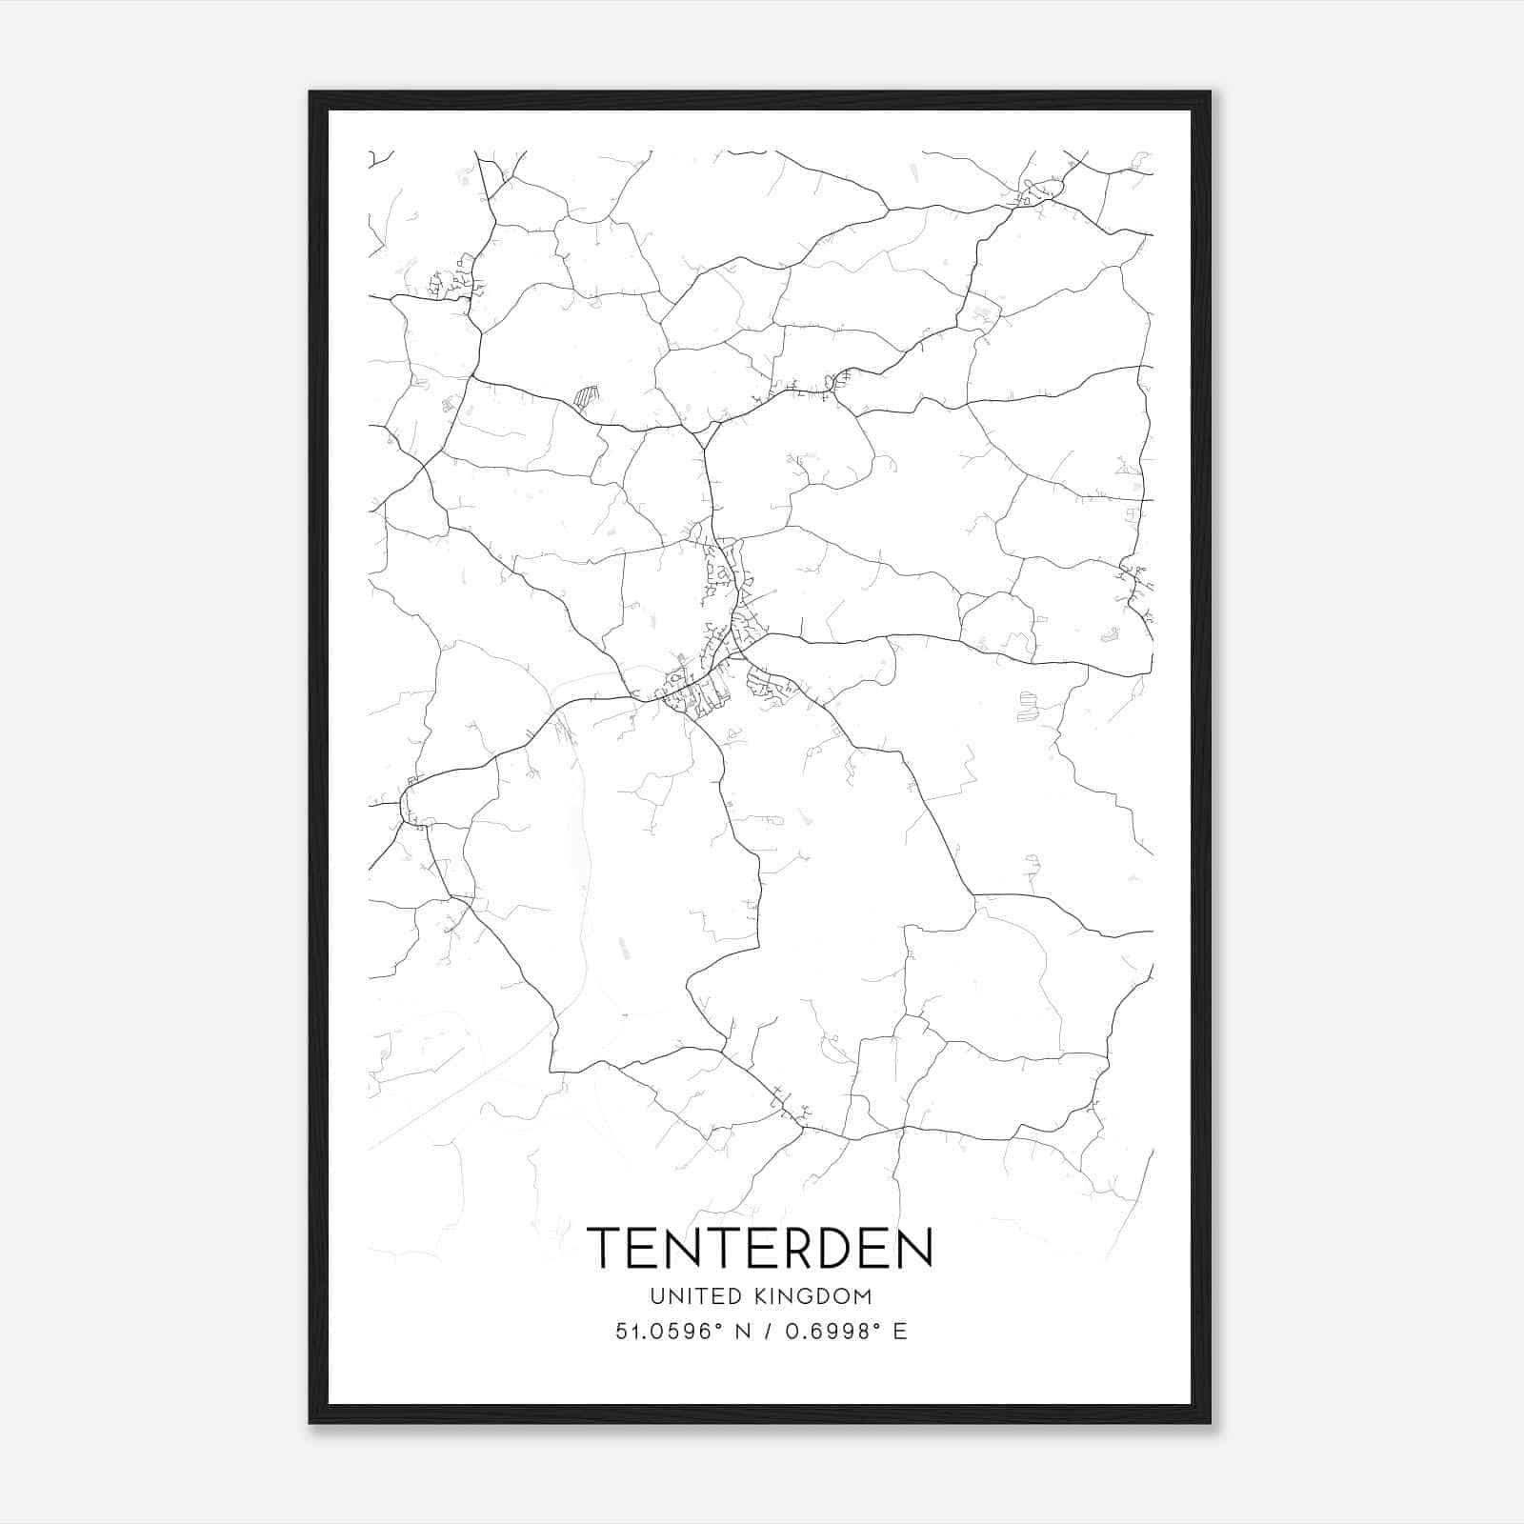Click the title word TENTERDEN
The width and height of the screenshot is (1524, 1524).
coord(760,1248)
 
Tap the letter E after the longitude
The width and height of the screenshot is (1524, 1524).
coord(899,1332)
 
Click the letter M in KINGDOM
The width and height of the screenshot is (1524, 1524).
coord(863,1296)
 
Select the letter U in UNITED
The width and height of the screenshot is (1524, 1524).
coord(657,1296)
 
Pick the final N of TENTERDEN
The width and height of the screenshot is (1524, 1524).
coord(915,1248)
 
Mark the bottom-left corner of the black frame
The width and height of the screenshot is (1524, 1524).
coord(311,1422)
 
